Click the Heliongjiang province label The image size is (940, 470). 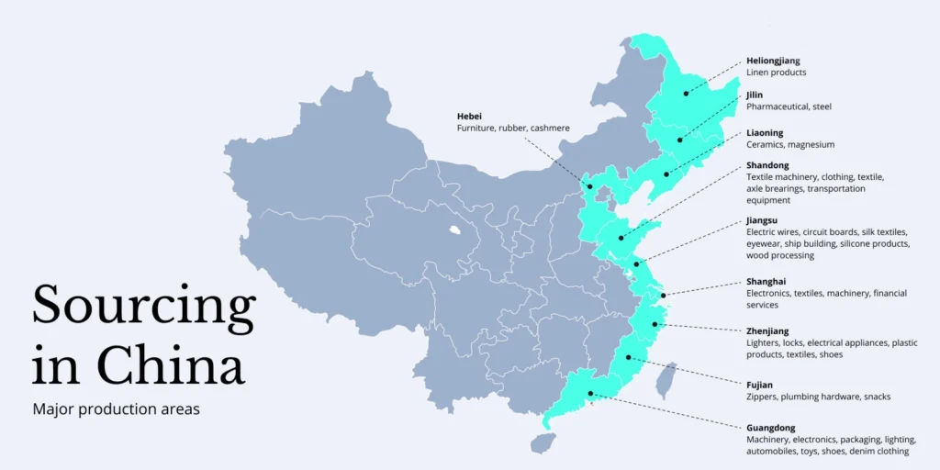pos(773,61)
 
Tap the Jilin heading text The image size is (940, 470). pos(755,95)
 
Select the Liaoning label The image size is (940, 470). pos(765,132)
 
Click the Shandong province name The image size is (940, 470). pos(767,165)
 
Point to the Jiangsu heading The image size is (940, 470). pos(762,220)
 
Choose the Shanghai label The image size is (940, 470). pos(767,282)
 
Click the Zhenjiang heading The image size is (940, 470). pos(767,330)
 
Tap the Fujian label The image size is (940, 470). pos(759,385)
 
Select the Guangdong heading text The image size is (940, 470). pos(771,428)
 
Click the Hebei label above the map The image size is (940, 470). pos(469,116)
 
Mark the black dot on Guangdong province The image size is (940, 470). pos(590,394)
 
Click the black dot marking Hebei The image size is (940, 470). pos(590,186)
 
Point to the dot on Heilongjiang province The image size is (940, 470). pos(686,94)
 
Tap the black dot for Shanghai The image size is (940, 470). pos(664,295)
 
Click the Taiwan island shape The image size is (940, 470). pos(666,381)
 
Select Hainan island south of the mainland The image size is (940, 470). pos(543,443)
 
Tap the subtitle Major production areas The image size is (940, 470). pos(116,410)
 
